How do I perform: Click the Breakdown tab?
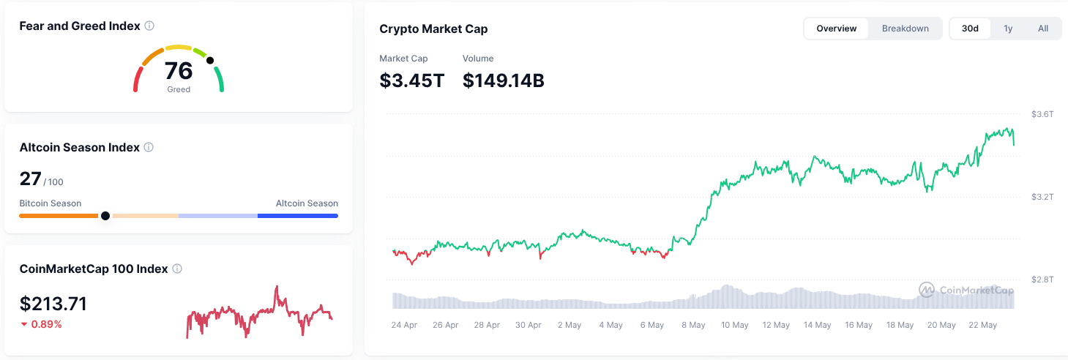[x=905, y=29]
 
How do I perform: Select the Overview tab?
[x=836, y=29]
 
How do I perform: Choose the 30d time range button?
[x=970, y=29]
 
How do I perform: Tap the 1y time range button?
[x=1008, y=29]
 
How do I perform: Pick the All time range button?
[x=1043, y=29]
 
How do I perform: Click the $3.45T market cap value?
[x=411, y=80]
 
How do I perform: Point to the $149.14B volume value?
[x=503, y=80]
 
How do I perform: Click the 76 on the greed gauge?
[x=179, y=71]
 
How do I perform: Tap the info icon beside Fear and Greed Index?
[x=149, y=26]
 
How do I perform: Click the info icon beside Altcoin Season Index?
[x=149, y=147]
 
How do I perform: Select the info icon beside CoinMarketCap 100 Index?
[x=177, y=269]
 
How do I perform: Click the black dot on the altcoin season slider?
[x=105, y=216]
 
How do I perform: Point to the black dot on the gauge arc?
[x=210, y=61]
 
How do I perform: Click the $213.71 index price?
[x=53, y=304]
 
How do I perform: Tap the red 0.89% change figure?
[x=46, y=324]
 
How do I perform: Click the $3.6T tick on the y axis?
[x=1042, y=114]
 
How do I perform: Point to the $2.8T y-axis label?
[x=1042, y=279]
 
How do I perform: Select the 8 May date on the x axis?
[x=693, y=325]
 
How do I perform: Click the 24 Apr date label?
[x=404, y=325]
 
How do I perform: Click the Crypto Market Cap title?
[x=433, y=29]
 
